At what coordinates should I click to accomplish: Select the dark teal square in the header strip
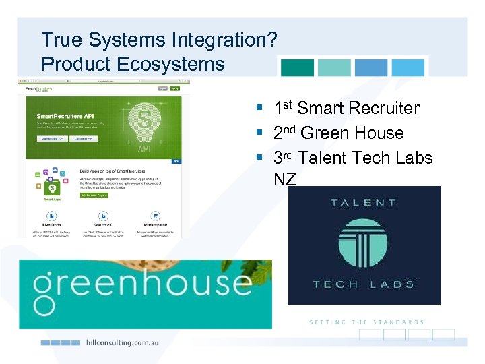pos(297,67)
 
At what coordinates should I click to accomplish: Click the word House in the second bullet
pos(379,133)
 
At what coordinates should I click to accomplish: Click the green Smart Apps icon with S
pos(52,187)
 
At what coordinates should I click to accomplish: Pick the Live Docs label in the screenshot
pos(52,225)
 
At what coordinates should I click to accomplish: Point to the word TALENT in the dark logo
pos(364,202)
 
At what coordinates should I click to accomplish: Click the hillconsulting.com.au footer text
pos(123,342)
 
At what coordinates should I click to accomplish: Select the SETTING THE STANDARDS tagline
pos(366,322)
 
